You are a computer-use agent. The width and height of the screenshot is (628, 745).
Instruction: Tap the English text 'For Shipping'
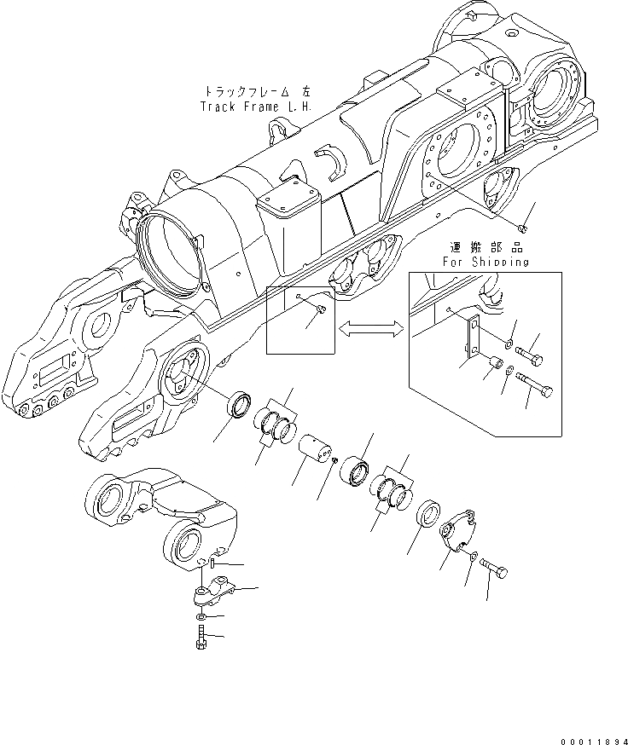[x=485, y=263]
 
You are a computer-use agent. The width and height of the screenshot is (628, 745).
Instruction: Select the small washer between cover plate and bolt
[x=474, y=557]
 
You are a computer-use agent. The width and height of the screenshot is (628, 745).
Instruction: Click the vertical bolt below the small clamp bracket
[x=200, y=637]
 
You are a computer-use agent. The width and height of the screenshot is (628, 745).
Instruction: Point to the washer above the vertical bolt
[x=199, y=615]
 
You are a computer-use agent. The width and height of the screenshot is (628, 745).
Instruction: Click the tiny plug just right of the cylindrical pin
[x=338, y=461]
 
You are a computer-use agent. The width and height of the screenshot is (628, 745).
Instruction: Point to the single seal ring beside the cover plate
[x=427, y=517]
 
